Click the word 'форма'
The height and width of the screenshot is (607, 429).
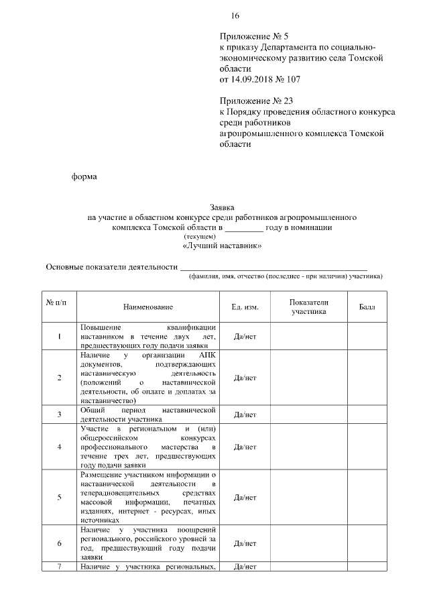[84, 177]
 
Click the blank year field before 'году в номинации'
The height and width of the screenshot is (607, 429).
[244, 227]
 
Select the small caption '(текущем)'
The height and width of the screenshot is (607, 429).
[200, 237]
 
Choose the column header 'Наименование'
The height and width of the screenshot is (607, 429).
[147, 307]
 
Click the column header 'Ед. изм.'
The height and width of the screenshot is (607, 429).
[245, 307]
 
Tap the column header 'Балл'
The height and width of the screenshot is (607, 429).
[367, 307]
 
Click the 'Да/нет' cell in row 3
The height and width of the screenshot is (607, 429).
[245, 415]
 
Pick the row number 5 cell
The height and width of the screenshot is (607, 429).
[60, 497]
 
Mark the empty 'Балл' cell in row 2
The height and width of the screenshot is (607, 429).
[367, 378]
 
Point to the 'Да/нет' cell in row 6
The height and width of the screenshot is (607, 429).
[245, 543]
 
